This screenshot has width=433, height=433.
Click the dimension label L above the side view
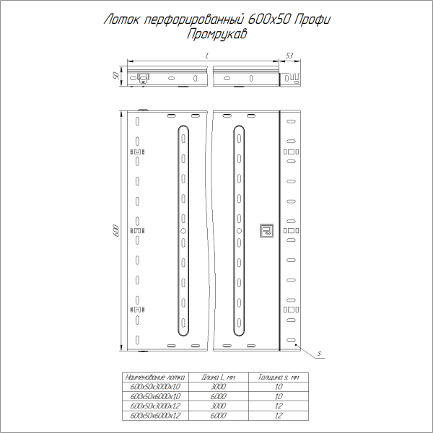tap(207, 56)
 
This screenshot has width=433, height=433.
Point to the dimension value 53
tap(289, 56)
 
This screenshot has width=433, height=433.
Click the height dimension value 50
tap(115, 77)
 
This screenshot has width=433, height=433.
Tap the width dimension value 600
tap(115, 230)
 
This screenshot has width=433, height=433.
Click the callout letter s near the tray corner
tap(318, 354)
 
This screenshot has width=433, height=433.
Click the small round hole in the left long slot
tap(183, 230)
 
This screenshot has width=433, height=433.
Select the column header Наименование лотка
tap(155, 377)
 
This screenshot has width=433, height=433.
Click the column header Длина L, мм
tap(219, 377)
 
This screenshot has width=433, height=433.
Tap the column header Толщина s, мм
tap(278, 377)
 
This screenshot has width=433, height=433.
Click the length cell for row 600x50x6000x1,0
tap(219, 397)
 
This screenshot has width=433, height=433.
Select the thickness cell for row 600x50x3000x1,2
tap(278, 406)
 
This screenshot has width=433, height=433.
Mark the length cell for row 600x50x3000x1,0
tap(219, 387)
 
